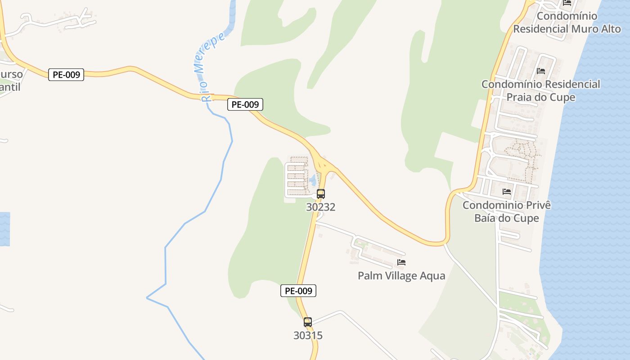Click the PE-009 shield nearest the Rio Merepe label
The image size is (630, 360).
click(x=245, y=104)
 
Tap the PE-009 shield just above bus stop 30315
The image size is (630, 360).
click(x=298, y=291)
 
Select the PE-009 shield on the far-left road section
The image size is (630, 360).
click(x=66, y=75)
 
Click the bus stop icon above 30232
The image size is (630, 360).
click(x=321, y=194)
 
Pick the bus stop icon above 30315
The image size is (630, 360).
click(x=308, y=322)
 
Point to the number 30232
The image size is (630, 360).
click(x=321, y=207)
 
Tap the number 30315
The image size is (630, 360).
click(x=308, y=335)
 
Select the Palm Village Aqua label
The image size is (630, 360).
click(x=401, y=275)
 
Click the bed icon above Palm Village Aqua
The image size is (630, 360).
click(x=401, y=262)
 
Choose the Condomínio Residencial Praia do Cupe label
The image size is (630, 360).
click(x=541, y=90)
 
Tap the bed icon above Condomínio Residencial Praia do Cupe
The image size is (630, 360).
click(x=541, y=71)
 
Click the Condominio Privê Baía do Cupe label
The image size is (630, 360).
click(x=507, y=211)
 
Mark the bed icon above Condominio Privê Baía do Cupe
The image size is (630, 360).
click(x=507, y=192)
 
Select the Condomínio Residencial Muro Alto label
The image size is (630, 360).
click(x=567, y=22)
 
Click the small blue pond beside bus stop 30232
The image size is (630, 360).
click(x=312, y=181)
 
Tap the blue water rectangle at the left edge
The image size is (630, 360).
click(x=4, y=229)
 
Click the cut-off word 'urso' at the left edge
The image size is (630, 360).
click(x=11, y=74)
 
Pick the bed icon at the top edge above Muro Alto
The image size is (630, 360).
click(x=567, y=3)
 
